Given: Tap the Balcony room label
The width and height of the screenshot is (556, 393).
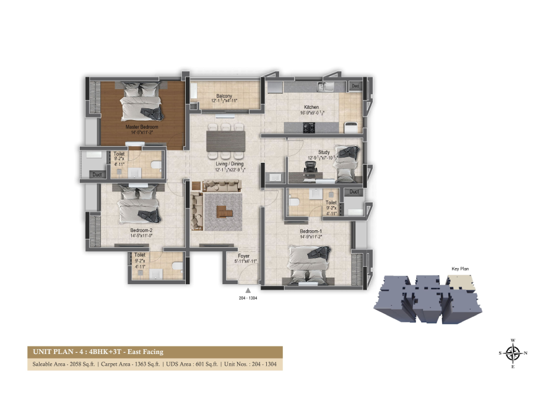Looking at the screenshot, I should coord(224,97).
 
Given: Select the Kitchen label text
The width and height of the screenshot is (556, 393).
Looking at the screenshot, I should coord(312,107).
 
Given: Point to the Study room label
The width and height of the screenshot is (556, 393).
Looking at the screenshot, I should coord(324,152).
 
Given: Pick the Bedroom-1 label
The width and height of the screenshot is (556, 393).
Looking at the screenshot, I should coord(311,230).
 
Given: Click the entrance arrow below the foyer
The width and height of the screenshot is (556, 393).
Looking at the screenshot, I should coord(247,289).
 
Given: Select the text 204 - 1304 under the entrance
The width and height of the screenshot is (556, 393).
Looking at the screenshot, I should coord(247,298).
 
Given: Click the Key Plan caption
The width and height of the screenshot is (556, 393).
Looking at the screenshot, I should coord(459,269).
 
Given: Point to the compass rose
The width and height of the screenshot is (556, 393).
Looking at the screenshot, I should coord(513,353).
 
